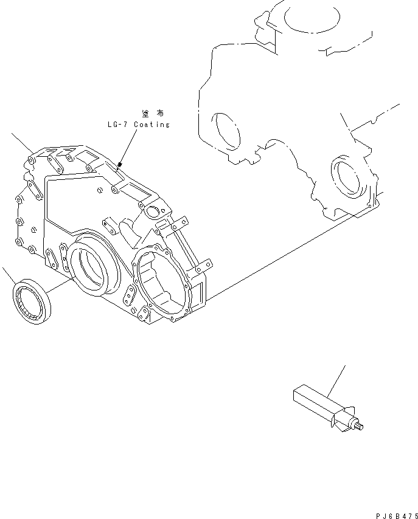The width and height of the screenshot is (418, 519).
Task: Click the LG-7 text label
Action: click(x=117, y=125)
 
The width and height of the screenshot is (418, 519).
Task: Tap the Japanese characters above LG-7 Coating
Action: click(x=152, y=114)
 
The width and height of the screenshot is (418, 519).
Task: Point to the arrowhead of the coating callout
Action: click(x=120, y=164)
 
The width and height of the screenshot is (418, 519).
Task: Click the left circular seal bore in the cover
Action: click(x=95, y=267)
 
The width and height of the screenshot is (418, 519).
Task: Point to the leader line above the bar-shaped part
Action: click(x=338, y=380)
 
